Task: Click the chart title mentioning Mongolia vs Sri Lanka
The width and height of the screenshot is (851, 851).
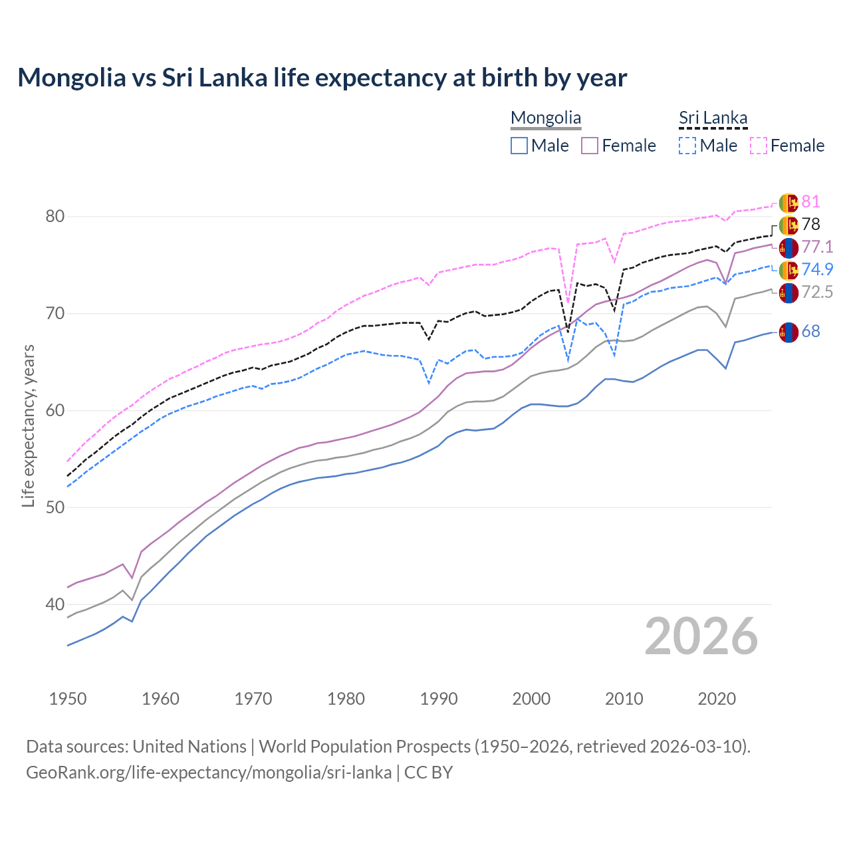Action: tap(322, 78)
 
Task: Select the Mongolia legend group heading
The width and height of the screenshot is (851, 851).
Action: tap(545, 118)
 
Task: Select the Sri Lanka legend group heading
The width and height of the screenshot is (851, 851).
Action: tap(713, 118)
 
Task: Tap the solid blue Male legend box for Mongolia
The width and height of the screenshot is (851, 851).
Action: tap(519, 146)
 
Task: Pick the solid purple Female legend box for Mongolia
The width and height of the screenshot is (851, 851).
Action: tap(590, 146)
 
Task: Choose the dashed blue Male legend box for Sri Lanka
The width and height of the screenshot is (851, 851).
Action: tap(687, 146)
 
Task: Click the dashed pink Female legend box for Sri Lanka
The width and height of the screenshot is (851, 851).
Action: tap(759, 146)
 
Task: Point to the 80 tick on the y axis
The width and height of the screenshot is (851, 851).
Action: tap(55, 217)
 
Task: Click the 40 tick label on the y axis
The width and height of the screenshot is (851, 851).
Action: tap(55, 604)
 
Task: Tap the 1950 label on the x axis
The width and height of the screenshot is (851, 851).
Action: tap(68, 699)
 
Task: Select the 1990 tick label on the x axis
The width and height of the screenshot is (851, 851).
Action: tap(439, 699)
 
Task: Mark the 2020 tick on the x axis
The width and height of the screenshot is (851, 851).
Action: tap(717, 699)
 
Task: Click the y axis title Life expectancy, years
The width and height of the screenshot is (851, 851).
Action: tap(29, 425)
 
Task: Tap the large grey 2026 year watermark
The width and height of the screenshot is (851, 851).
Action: tap(701, 636)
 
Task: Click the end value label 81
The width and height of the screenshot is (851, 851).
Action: tap(810, 202)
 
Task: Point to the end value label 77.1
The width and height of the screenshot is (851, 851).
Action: tap(817, 247)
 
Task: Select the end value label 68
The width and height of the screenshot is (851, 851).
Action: tap(810, 331)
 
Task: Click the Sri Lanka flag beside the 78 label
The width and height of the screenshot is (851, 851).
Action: tap(789, 225)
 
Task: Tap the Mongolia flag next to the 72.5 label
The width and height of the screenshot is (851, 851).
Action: tap(789, 293)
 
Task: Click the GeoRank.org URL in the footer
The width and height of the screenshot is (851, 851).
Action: tap(209, 773)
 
